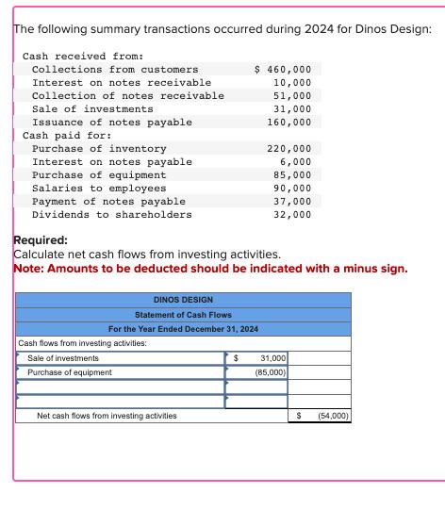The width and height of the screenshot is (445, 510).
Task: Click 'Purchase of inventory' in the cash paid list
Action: (99, 149)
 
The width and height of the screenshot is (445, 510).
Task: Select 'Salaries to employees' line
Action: (99, 189)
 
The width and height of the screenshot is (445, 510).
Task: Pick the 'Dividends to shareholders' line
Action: (111, 215)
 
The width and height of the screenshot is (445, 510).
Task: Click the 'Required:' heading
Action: (40, 241)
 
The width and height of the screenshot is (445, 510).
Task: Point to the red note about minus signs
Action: (210, 269)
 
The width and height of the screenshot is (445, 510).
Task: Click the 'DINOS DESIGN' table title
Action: (183, 301)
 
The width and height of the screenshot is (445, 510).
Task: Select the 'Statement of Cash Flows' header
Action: (183, 315)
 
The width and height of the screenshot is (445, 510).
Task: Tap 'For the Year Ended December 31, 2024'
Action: (183, 329)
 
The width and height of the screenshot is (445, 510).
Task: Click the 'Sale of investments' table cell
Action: (63, 358)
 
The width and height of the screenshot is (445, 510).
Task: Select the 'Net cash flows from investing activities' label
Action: (106, 415)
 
